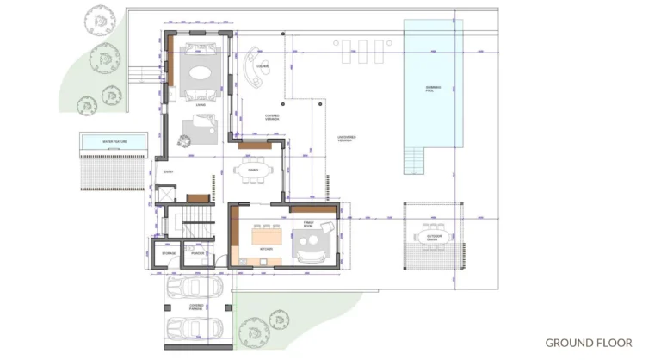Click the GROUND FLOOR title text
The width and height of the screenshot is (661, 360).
589,343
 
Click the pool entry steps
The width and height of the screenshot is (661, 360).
417,159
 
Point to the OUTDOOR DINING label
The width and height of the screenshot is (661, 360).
435,236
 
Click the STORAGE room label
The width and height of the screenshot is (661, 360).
169,253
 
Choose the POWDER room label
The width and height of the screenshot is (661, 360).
198,253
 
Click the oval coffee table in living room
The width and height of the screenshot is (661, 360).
199,72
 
